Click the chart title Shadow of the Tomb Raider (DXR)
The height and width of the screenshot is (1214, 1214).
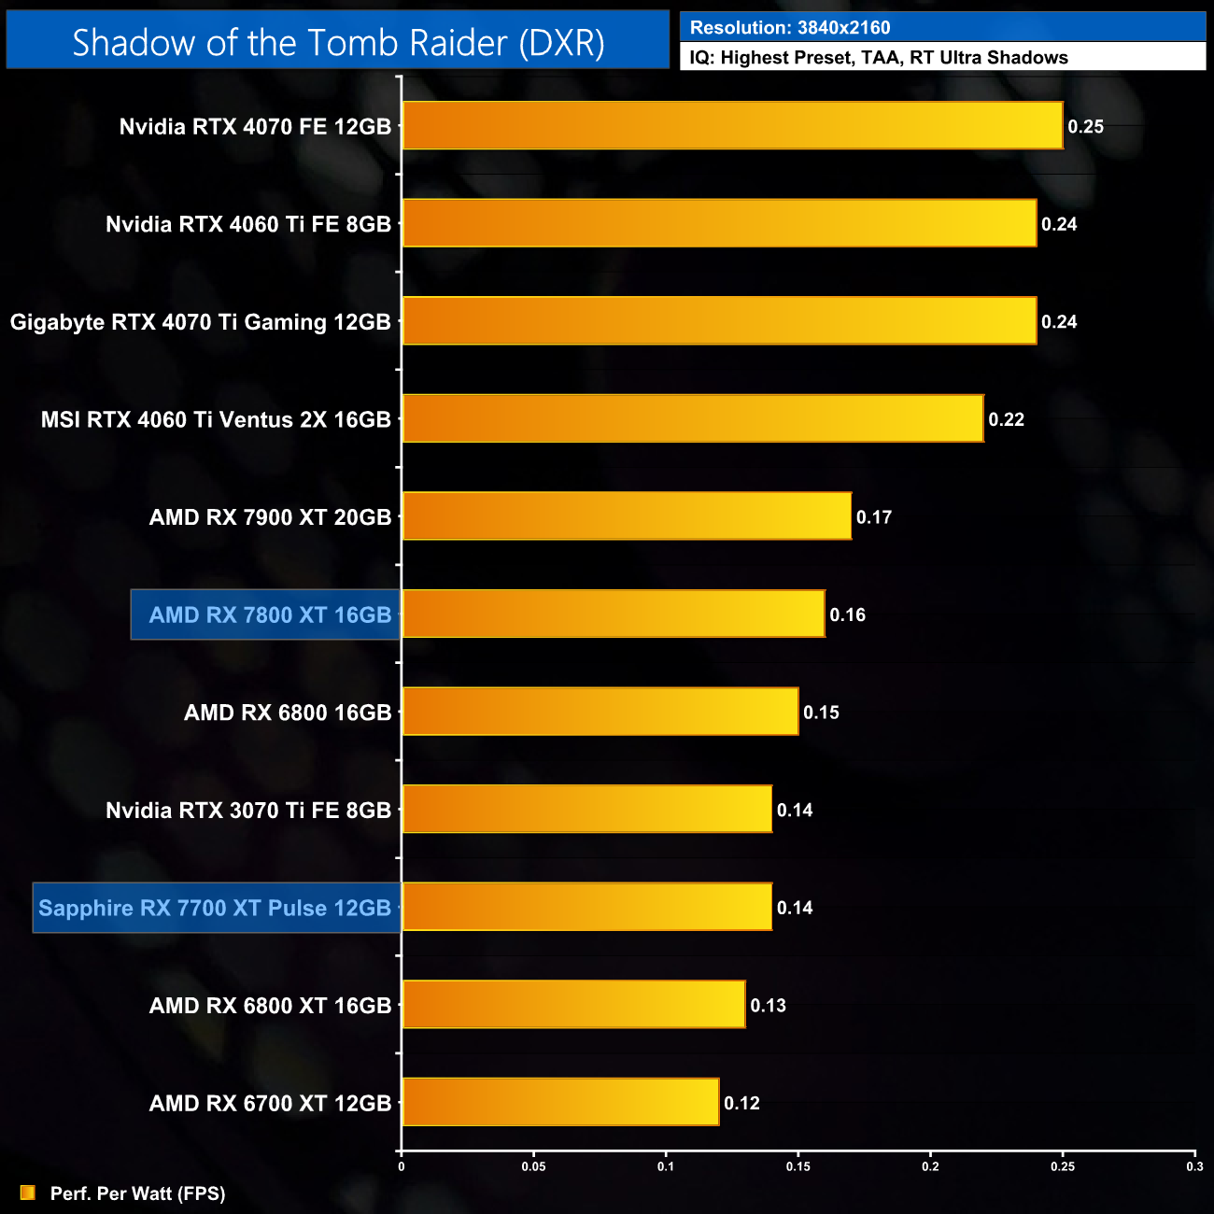338,42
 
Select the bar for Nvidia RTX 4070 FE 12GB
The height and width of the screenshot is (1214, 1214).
732,126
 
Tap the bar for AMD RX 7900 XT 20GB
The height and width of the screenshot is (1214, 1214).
627,516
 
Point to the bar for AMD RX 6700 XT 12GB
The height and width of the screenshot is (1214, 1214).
560,1103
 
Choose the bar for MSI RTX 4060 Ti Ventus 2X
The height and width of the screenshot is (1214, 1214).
692,419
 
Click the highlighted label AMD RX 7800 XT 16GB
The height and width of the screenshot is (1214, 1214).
270,614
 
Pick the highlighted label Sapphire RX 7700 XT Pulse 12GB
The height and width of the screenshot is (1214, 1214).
215,908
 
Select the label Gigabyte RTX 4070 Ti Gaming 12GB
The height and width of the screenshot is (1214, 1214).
200,322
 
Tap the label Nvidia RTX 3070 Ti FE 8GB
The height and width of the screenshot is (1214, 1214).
248,811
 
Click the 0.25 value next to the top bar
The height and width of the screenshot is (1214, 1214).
1085,127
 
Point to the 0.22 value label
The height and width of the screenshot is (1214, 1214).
1006,420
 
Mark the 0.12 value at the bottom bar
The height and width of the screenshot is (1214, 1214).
741,1104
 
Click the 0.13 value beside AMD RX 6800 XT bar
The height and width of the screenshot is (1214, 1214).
768,1006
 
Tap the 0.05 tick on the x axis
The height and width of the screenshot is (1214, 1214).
533,1166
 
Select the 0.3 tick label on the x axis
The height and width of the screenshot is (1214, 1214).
1194,1166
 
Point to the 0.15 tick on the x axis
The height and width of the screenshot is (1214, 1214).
798,1166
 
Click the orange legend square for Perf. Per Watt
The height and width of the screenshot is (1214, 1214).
28,1193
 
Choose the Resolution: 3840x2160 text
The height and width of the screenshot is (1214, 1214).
790,28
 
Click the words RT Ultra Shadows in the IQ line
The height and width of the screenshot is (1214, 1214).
989,58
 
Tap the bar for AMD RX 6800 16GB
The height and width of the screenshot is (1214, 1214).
600,712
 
